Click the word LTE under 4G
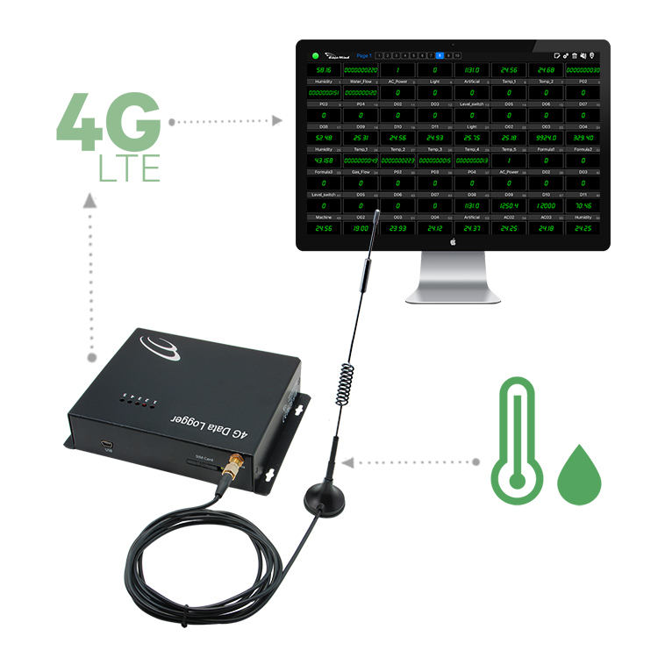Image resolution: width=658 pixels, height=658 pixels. pyautogui.click(x=129, y=167)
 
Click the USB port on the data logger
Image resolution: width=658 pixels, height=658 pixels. pyautogui.click(x=106, y=446)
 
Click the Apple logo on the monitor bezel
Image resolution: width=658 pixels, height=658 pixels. pyautogui.click(x=452, y=240)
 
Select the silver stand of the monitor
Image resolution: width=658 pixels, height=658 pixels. pyautogui.click(x=452, y=276)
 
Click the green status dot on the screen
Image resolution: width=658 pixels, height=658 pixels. pyautogui.click(x=315, y=55)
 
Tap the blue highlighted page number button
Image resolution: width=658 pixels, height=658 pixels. pyautogui.click(x=440, y=55)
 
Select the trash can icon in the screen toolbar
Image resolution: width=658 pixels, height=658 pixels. pyautogui.click(x=576, y=55)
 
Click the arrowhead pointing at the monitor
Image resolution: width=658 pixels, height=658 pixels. pyautogui.click(x=279, y=121)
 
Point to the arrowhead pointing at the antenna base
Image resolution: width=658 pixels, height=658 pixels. pyautogui.click(x=348, y=461)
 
